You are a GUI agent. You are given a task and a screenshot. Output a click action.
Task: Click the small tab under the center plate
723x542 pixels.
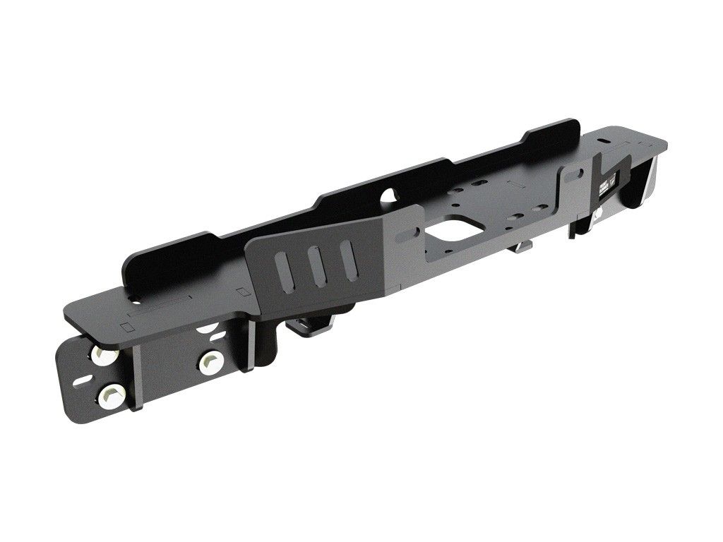524,247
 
